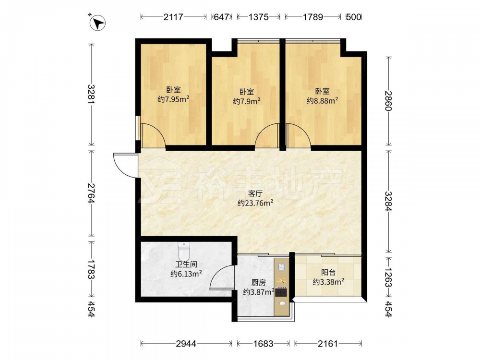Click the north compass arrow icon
click(97, 23)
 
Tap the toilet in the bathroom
click(184, 251)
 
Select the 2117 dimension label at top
click(173, 17)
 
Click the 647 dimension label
click(221, 17)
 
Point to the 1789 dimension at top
click(313, 17)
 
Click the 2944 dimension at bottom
click(186, 344)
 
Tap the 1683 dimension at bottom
click(263, 344)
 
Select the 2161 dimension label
click(327, 344)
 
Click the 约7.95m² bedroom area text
click(173, 99)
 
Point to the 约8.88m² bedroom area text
click(323, 100)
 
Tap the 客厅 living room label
click(255, 193)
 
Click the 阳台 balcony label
click(328, 273)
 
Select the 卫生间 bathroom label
click(186, 264)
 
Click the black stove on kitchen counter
click(281, 292)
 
